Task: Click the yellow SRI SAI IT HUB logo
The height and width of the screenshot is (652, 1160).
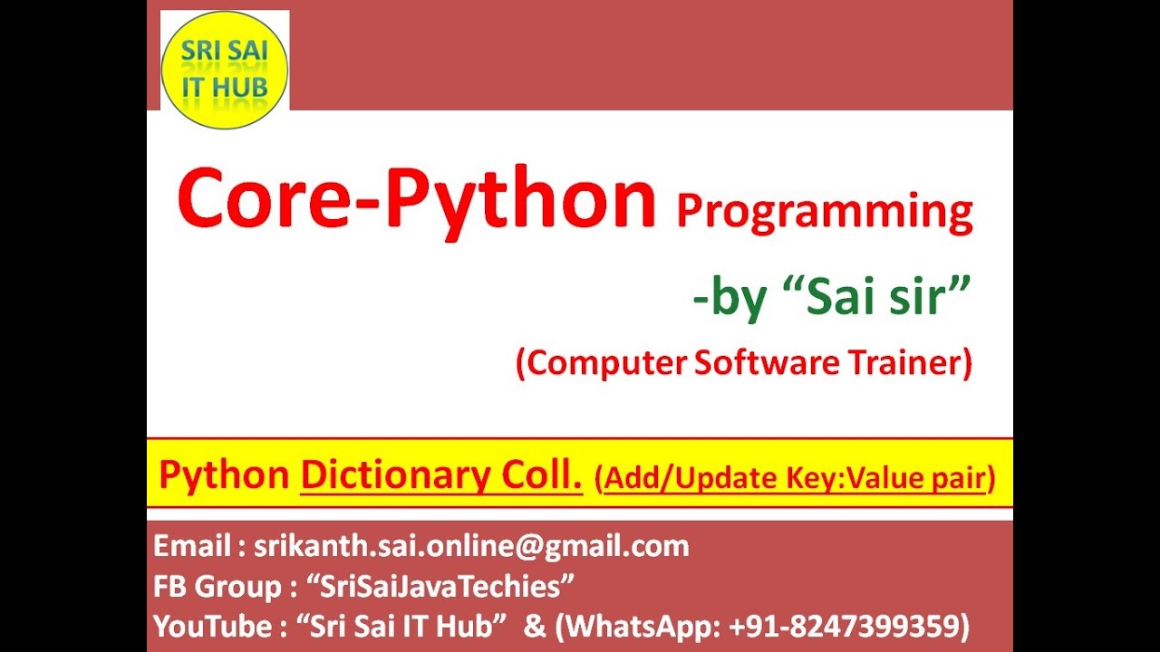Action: tap(225, 70)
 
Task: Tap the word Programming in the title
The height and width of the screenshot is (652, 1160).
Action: tap(824, 212)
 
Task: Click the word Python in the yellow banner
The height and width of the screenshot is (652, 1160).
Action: tap(224, 475)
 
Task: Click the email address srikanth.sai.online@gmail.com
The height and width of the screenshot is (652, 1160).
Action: tap(471, 546)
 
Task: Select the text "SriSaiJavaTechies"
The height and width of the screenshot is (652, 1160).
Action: tap(447, 586)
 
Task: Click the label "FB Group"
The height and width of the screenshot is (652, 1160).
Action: tap(217, 586)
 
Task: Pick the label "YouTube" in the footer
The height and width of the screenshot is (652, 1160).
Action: tap(210, 626)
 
